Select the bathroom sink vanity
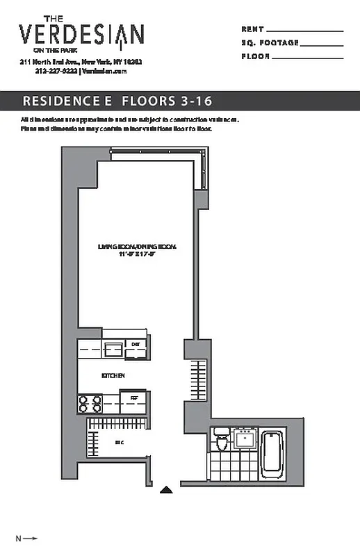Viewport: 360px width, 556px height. [244, 439]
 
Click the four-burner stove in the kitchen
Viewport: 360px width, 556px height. [90, 404]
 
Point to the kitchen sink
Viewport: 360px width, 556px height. [113, 348]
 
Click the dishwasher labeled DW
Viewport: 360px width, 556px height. [136, 345]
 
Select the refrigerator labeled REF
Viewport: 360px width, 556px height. [133, 401]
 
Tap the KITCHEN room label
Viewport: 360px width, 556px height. [113, 375]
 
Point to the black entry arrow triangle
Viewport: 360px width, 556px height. [166, 489]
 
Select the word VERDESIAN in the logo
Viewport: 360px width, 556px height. [81, 34]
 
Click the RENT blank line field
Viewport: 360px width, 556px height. [304, 31]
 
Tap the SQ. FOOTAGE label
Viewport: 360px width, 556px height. [270, 43]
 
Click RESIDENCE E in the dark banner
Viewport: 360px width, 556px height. [67, 101]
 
